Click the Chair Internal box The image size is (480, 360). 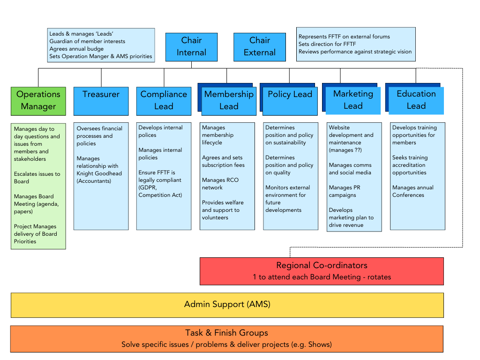(191, 46)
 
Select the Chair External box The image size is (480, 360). (260, 46)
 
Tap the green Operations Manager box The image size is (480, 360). (38, 100)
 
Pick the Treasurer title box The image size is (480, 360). (101, 100)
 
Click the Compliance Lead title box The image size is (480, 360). (164, 100)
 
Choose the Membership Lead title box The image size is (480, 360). (229, 100)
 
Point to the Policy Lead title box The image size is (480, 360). (290, 100)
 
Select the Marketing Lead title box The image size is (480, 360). (353, 100)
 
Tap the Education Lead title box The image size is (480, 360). (416, 100)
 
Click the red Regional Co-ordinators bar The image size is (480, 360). (322, 271)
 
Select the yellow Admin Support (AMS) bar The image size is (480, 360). (227, 305)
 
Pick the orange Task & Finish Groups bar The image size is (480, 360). (226, 338)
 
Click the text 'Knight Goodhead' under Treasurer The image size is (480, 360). (99, 173)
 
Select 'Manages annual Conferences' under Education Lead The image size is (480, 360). (412, 191)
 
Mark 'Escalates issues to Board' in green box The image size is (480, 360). (37, 178)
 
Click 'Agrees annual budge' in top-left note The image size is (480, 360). (76, 49)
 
